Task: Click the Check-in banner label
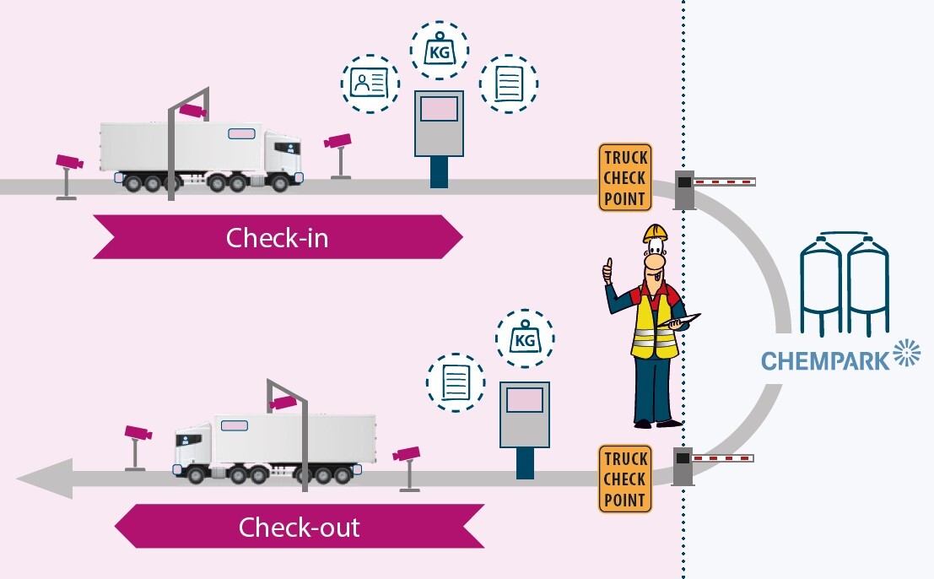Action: tap(277, 238)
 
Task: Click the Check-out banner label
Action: tap(299, 528)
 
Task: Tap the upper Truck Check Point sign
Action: tap(625, 177)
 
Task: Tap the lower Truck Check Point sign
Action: tap(625, 479)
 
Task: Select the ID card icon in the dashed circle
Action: tap(370, 82)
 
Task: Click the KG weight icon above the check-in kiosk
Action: tap(439, 50)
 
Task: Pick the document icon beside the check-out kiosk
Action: tap(456, 382)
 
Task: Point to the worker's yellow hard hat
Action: tap(655, 232)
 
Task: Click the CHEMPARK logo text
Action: tap(825, 360)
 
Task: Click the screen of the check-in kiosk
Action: tap(439, 109)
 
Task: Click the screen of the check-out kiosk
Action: tap(525, 398)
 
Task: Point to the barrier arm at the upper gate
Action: tap(724, 181)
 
